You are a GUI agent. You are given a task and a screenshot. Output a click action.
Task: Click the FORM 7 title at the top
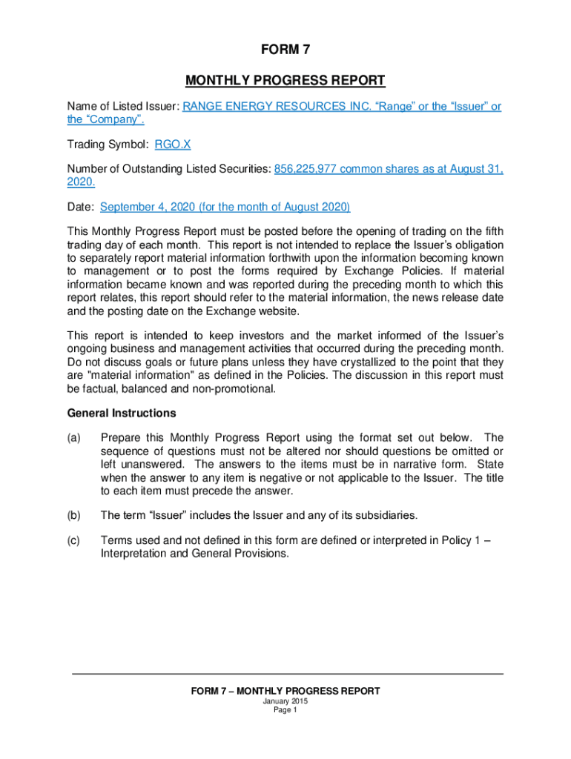click(x=285, y=50)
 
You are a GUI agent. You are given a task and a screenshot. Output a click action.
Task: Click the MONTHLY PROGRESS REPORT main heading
click(x=285, y=80)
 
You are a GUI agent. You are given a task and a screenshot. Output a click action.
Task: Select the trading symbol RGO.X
click(x=173, y=145)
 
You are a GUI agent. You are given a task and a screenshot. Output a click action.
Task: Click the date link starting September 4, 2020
click(x=225, y=207)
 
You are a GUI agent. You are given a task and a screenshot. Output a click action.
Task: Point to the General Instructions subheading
click(x=122, y=412)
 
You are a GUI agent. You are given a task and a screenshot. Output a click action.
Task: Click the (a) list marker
click(x=73, y=437)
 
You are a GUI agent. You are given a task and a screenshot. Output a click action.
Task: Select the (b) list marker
click(x=73, y=515)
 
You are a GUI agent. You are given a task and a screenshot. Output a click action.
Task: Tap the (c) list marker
click(x=73, y=540)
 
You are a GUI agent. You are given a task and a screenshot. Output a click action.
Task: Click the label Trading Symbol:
click(x=108, y=145)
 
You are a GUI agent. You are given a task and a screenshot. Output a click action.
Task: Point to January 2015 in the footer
click(x=285, y=701)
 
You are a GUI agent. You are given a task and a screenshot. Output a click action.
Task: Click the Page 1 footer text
click(x=285, y=710)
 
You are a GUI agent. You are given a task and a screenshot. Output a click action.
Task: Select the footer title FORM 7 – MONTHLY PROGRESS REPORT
click(x=285, y=691)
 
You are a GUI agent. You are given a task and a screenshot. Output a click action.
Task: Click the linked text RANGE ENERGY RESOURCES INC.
click(x=279, y=106)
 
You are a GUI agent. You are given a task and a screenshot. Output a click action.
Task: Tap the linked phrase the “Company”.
click(x=105, y=119)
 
